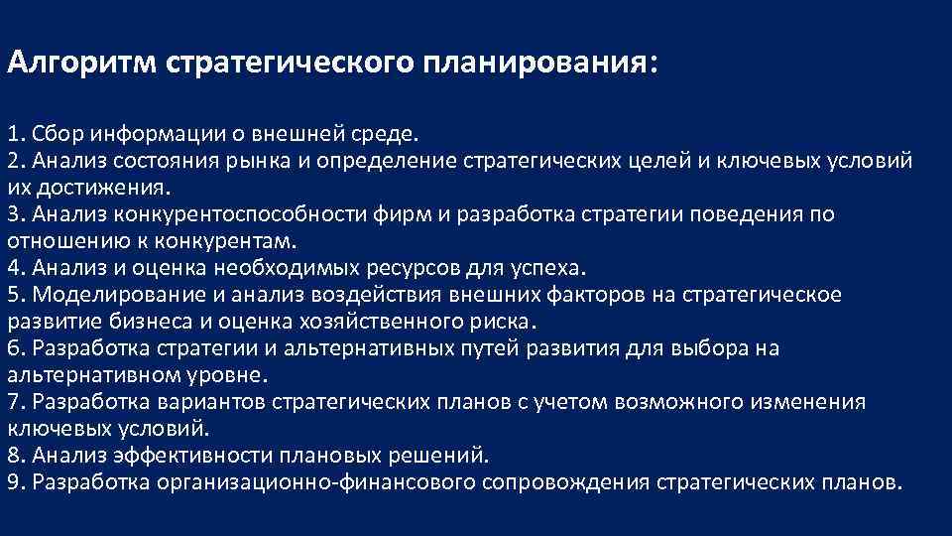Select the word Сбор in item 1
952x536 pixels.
(53, 134)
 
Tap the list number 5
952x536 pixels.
(14, 295)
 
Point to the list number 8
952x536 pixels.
(14, 456)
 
